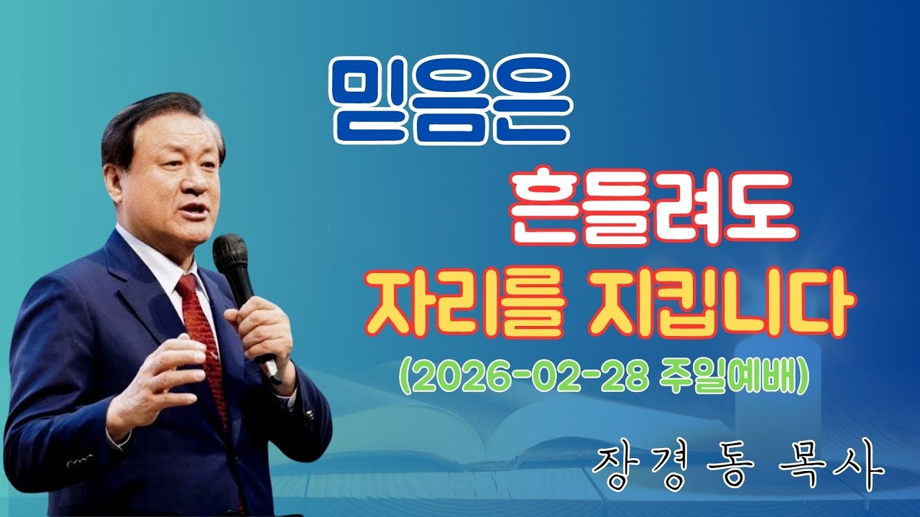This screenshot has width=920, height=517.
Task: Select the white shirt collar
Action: pyautogui.click(x=155, y=258)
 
